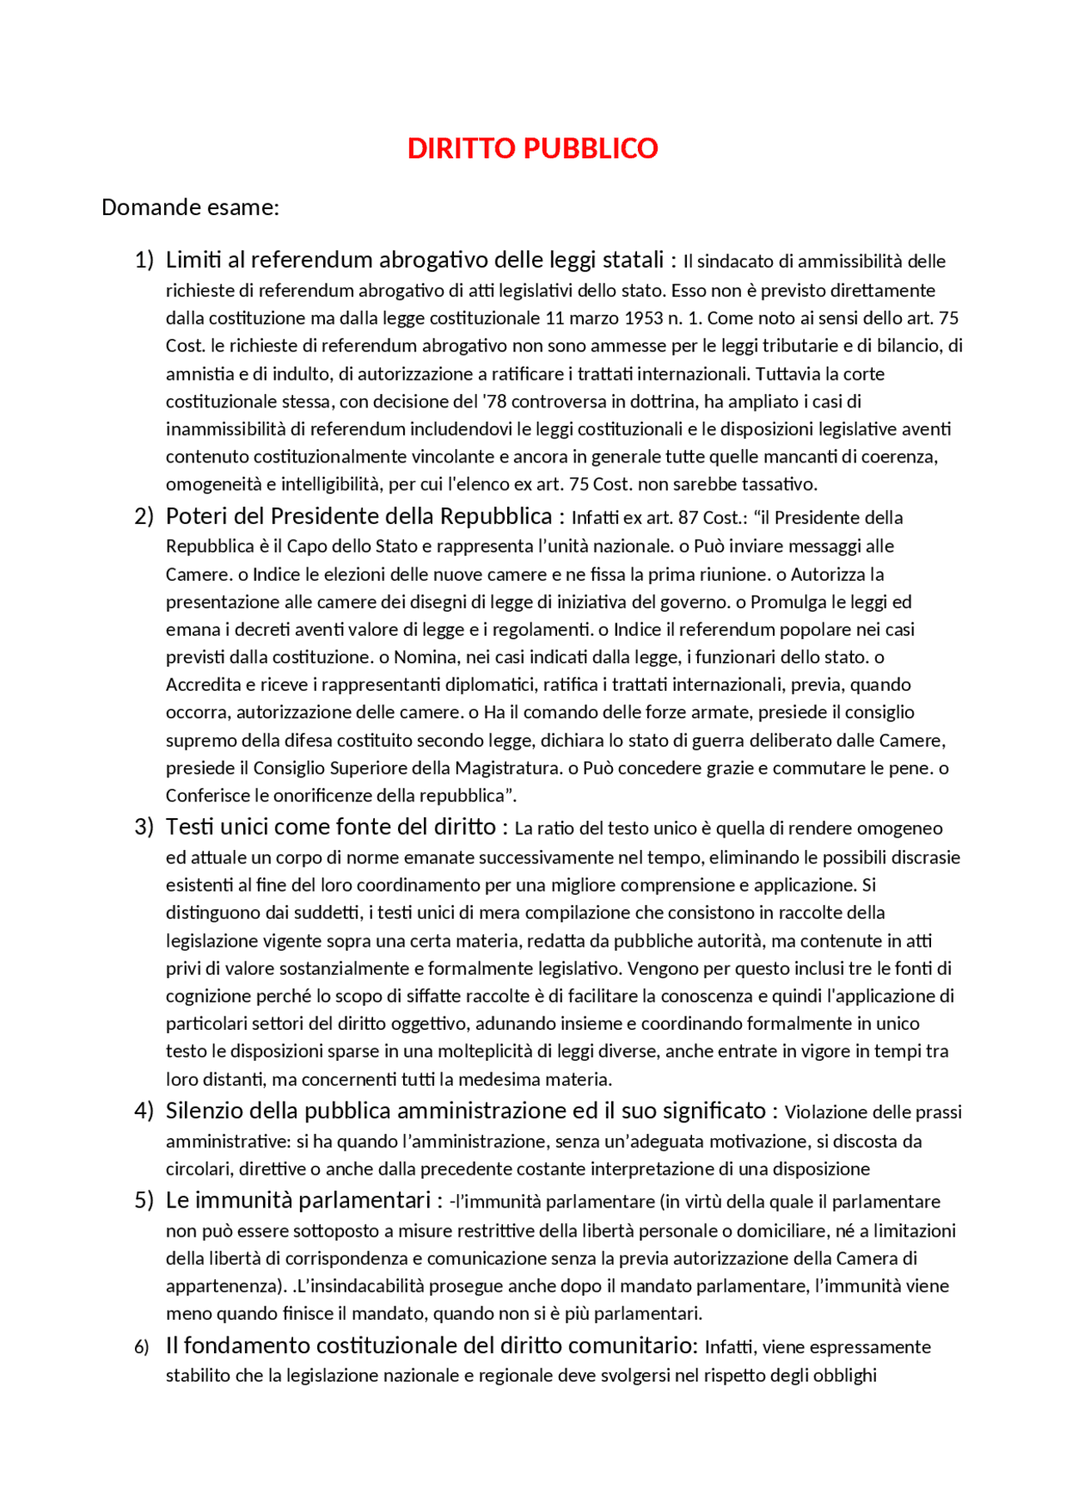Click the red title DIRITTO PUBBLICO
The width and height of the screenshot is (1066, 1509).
532,148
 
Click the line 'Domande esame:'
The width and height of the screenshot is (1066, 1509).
190,207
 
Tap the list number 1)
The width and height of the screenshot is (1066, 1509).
144,260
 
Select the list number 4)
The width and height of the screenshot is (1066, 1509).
144,1111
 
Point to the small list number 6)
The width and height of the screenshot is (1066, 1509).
142,1347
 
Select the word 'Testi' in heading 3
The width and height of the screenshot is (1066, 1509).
190,827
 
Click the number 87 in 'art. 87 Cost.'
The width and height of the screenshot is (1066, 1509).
688,517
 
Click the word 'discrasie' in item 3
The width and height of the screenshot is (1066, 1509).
925,857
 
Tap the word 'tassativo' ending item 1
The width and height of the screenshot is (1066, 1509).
780,484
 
